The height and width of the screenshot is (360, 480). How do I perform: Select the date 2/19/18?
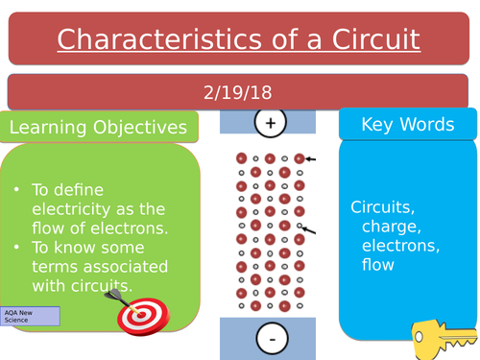pos(238,92)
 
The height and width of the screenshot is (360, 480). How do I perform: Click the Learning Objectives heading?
pos(98,127)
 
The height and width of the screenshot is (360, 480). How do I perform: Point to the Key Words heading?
pos(407,125)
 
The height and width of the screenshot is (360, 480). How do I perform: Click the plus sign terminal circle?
pos(270,122)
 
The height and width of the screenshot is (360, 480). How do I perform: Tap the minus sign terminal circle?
pos(272,339)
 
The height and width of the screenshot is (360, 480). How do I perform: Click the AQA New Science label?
pos(30,316)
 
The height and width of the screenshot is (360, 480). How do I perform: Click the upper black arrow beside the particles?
pos(310,159)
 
